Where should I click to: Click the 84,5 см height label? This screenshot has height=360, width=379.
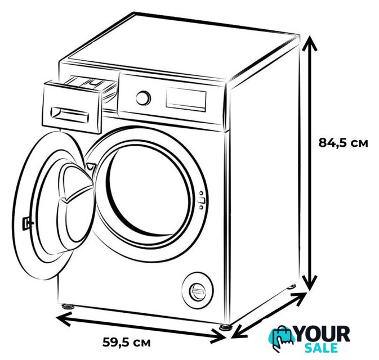click(x=343, y=143)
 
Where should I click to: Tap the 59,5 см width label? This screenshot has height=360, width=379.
click(x=126, y=343)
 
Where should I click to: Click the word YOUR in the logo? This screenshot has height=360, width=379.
click(x=323, y=334)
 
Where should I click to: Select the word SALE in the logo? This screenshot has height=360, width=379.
click(x=321, y=348)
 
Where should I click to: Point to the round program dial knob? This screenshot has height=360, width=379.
click(x=143, y=98)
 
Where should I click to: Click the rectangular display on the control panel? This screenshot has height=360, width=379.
click(x=186, y=100)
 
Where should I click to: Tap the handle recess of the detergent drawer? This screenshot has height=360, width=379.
click(x=70, y=114)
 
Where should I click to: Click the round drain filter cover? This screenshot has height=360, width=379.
click(x=198, y=290)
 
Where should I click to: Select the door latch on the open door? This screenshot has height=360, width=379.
click(x=27, y=223)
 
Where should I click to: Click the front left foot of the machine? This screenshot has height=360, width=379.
click(x=68, y=307)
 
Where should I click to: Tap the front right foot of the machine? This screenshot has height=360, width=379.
click(x=226, y=327)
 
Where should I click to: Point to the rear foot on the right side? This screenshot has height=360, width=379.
click(x=292, y=286)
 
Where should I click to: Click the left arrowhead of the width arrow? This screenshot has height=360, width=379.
click(x=63, y=318)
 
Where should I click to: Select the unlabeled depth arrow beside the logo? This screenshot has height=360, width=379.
click(x=269, y=316)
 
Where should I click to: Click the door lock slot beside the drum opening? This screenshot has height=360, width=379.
click(x=201, y=200)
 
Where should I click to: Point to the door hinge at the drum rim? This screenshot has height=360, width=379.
click(x=91, y=166)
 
